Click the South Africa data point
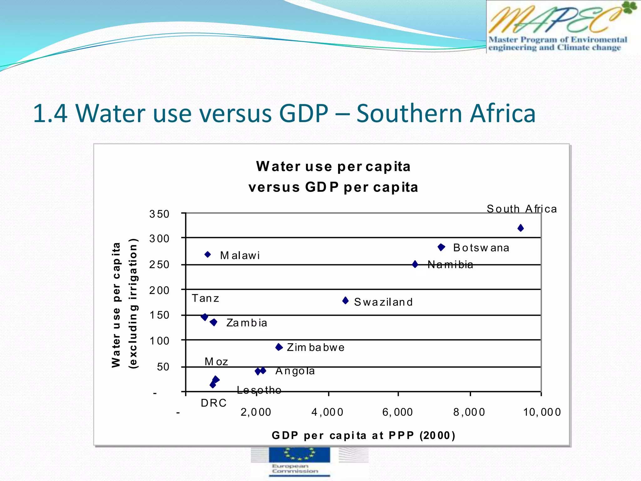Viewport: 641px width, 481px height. pyautogui.click(x=520, y=228)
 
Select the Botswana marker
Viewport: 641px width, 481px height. pyautogui.click(x=441, y=247)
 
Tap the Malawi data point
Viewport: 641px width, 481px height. pyautogui.click(x=208, y=255)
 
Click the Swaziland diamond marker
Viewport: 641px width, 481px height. pyautogui.click(x=346, y=301)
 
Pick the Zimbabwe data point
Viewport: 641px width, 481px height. pyautogui.click(x=279, y=347)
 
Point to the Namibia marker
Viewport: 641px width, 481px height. pyautogui.click(x=415, y=264)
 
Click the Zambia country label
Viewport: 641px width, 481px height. pyautogui.click(x=247, y=323)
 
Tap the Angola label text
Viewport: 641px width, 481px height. pyautogui.click(x=295, y=371)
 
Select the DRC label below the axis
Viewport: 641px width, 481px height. pyautogui.click(x=213, y=403)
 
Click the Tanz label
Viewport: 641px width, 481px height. pyautogui.click(x=205, y=298)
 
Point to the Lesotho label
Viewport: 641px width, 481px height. pyautogui.click(x=259, y=390)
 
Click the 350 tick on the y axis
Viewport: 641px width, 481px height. pyautogui.click(x=159, y=214)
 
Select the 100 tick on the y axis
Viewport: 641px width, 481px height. pyautogui.click(x=159, y=341)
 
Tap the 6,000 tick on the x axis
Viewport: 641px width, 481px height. pyautogui.click(x=397, y=412)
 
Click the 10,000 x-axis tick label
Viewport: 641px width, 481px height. pyautogui.click(x=542, y=412)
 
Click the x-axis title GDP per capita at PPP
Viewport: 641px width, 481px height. pyautogui.click(x=363, y=435)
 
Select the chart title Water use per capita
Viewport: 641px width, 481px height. pyautogui.click(x=333, y=167)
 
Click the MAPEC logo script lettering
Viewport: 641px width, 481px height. pyautogui.click(x=554, y=20)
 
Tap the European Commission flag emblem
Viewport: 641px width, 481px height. pyautogui.click(x=299, y=454)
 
